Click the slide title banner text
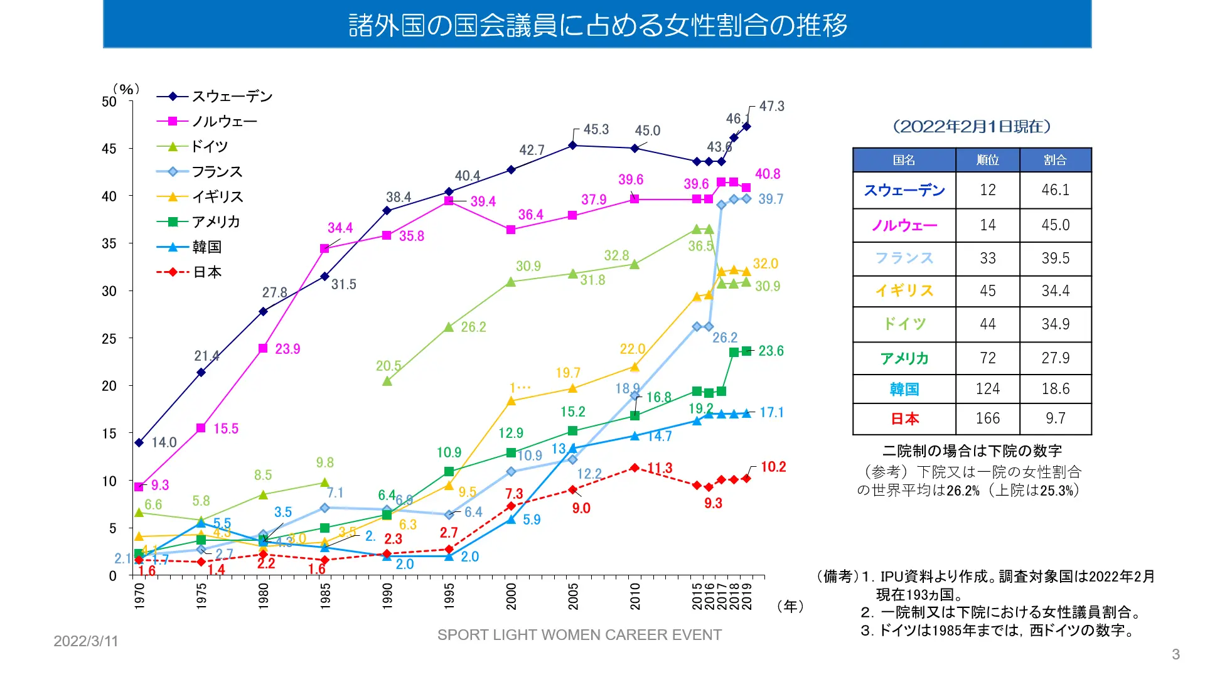[597, 25]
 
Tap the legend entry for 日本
[206, 272]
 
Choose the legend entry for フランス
[217, 172]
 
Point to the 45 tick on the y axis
[109, 149]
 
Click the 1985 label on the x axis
[325, 595]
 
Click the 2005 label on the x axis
[573, 595]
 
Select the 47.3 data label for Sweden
[771, 106]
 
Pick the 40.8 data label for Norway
[767, 174]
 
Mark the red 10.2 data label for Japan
[773, 467]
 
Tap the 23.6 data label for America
[771, 351]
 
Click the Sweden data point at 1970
[139, 442]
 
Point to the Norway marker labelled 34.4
[324, 248]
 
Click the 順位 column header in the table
[987, 160]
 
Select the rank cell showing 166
[987, 418]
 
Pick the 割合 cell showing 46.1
[1055, 190]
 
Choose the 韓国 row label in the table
[904, 389]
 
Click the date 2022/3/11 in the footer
[86, 641]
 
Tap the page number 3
[1176, 654]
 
